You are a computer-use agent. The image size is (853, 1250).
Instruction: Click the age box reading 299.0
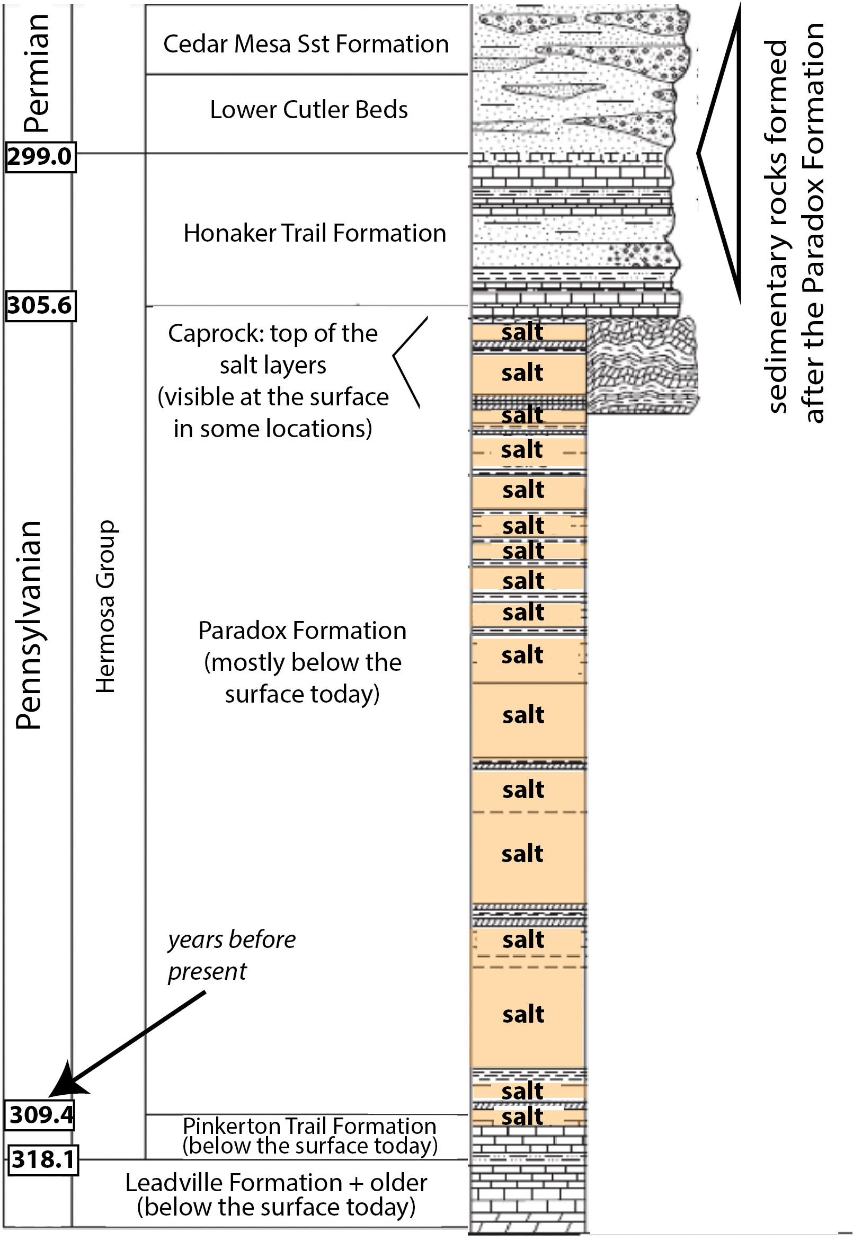(40, 157)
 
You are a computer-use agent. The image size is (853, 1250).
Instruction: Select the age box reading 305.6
(40, 306)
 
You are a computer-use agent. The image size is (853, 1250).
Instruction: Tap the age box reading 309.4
(40, 1115)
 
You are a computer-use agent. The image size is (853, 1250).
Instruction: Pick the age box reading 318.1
(43, 1159)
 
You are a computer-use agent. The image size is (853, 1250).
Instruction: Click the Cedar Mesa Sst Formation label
(306, 44)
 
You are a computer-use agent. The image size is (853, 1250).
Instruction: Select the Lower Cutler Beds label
(309, 110)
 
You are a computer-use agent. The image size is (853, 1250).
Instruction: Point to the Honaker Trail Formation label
(315, 234)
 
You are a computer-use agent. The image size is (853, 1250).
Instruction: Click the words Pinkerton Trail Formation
(309, 1127)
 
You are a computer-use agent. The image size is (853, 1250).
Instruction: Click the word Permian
(37, 73)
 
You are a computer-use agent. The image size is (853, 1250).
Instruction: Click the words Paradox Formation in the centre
(303, 631)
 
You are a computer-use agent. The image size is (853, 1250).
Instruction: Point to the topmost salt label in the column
(522, 332)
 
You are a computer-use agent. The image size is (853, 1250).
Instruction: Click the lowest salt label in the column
(522, 1117)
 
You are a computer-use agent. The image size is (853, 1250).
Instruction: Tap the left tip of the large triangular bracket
(699, 153)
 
